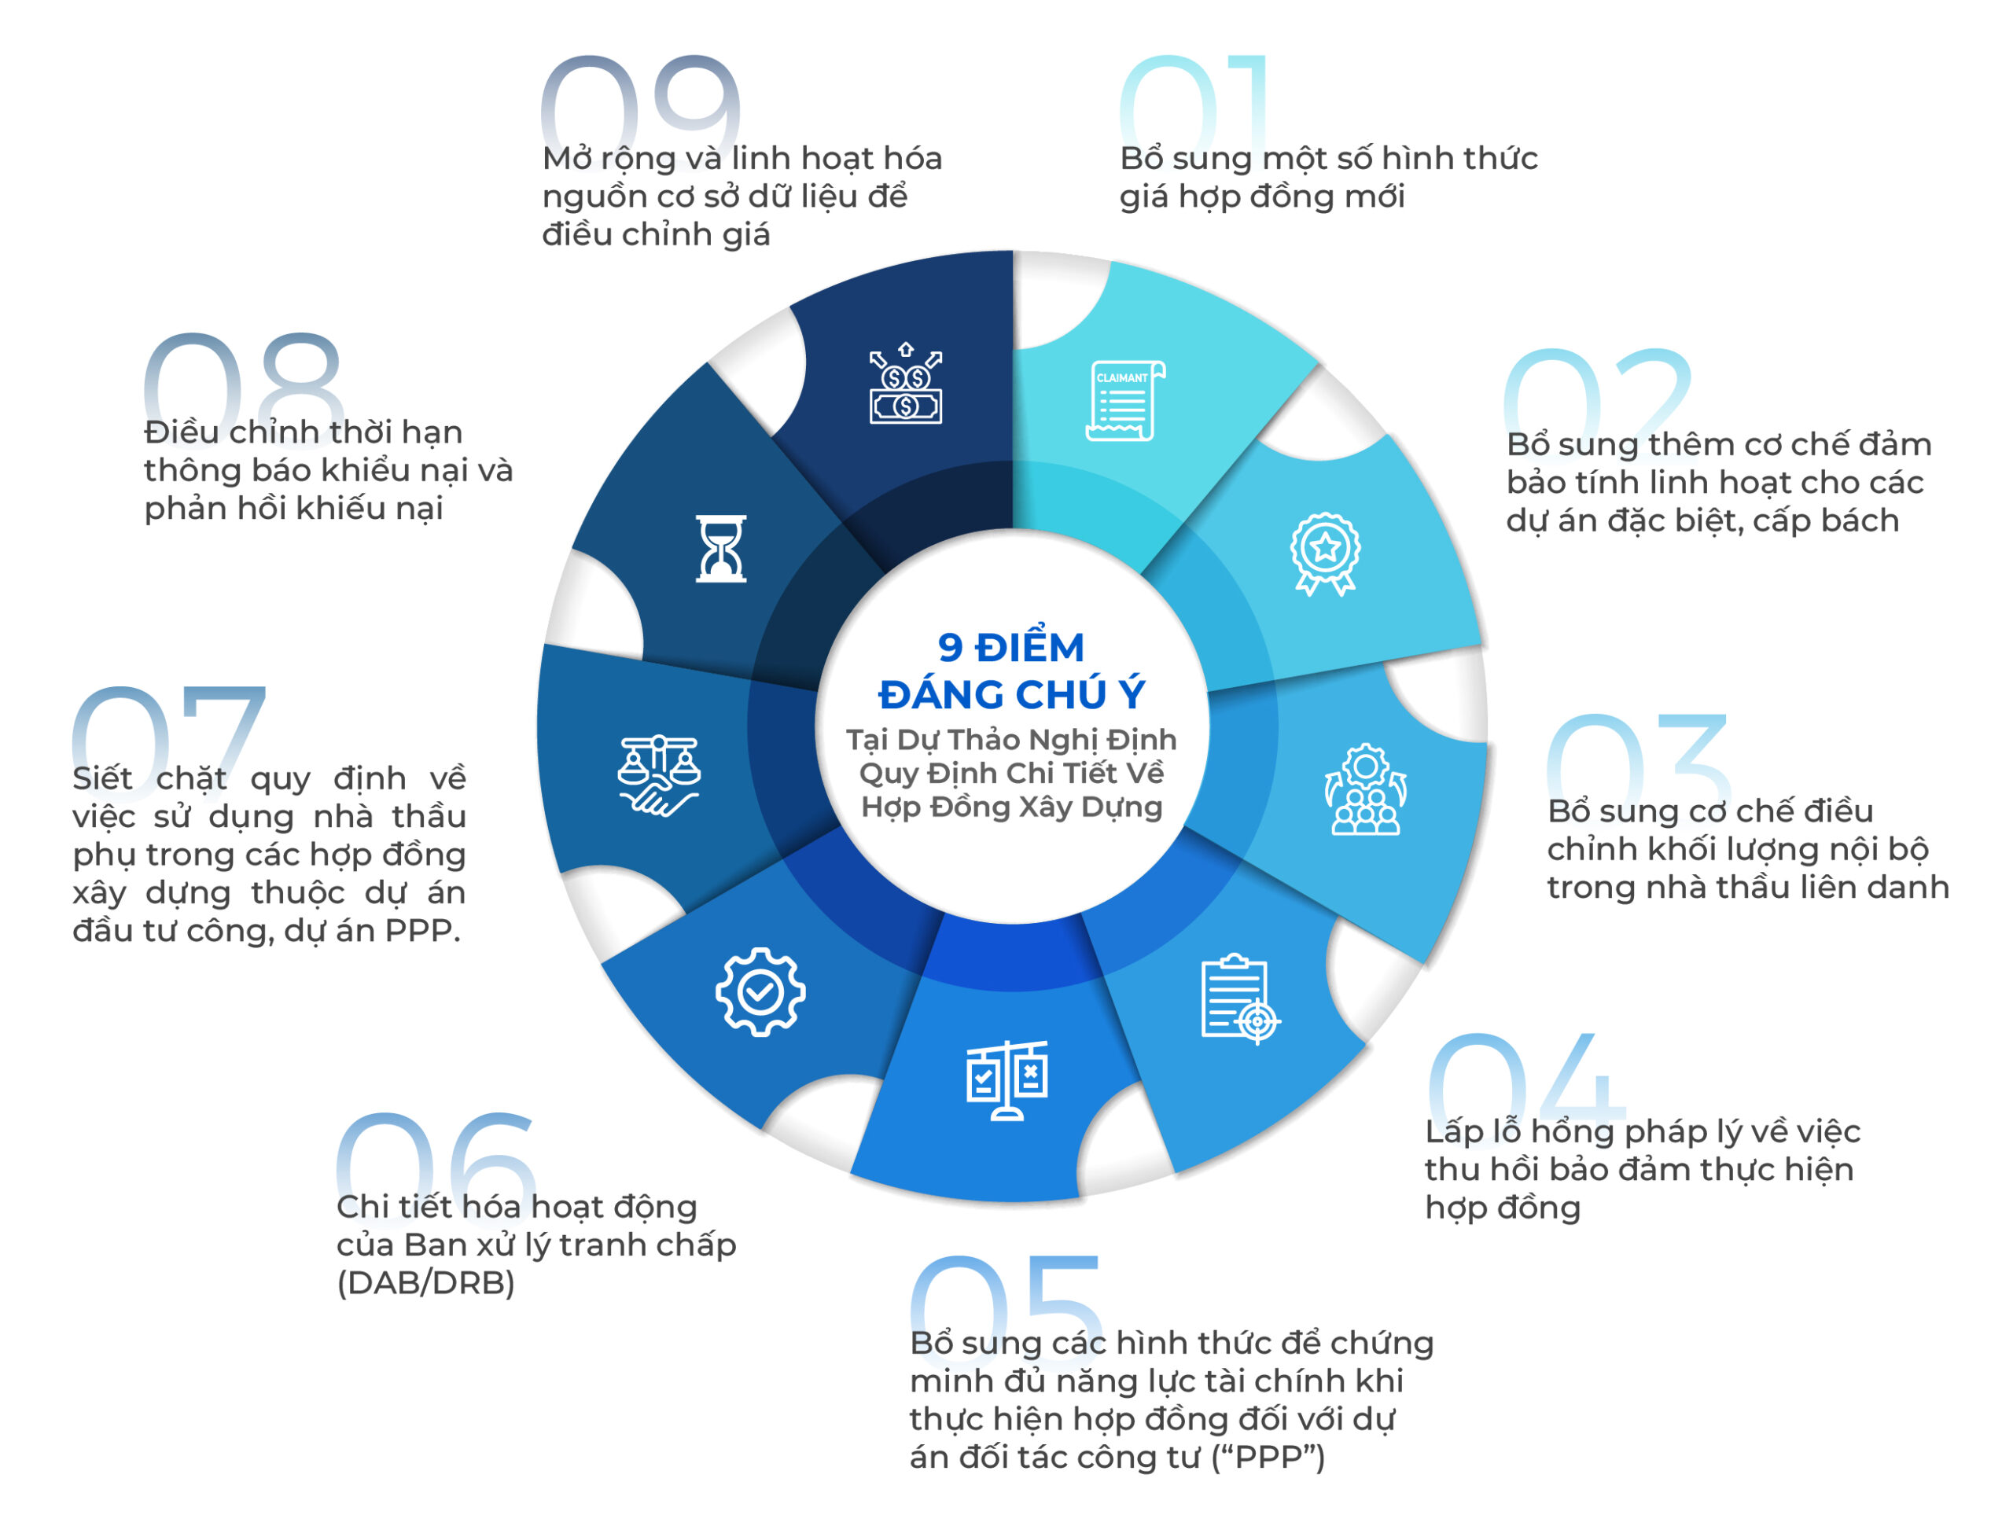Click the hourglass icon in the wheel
[721, 549]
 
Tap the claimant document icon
[1124, 401]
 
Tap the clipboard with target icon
[1240, 999]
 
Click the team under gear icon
[1365, 790]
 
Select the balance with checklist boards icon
[1006, 1080]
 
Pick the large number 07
[169, 734]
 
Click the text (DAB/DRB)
[426, 1283]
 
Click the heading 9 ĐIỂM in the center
[1011, 648]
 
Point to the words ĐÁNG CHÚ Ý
[1012, 694]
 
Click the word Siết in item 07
[103, 778]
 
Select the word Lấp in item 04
[1454, 1132]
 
